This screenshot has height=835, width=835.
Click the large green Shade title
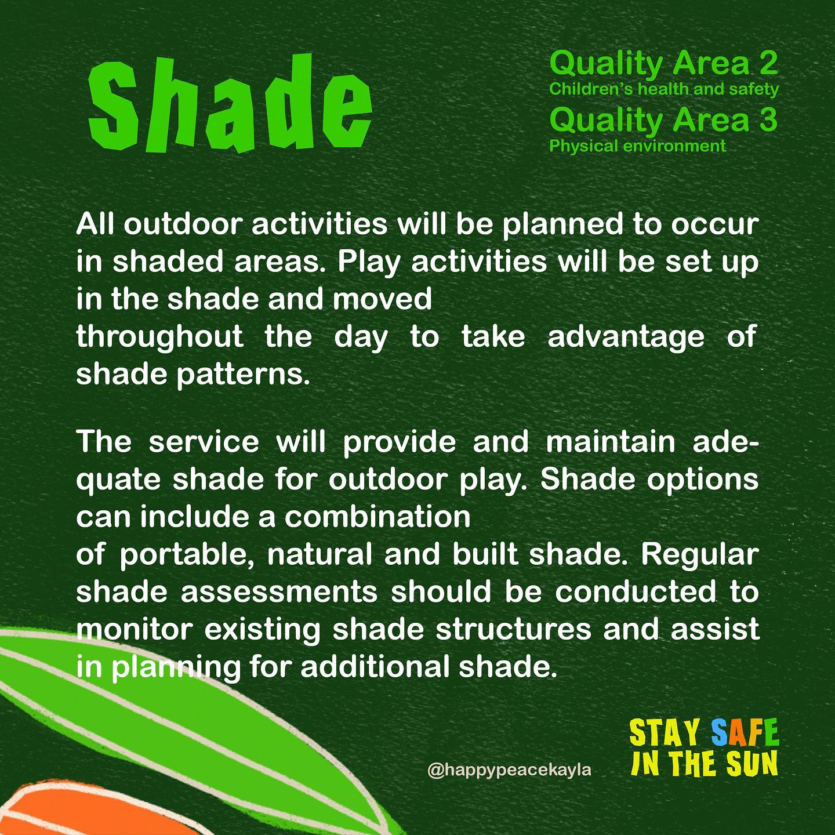tap(230, 104)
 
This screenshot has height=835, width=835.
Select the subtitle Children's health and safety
tap(664, 89)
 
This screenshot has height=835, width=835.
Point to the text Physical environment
tap(637, 146)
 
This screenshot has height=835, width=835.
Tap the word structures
tap(514, 629)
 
